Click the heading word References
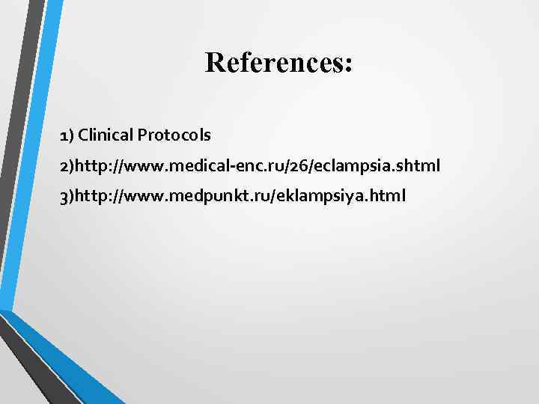point(274,63)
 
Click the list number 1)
point(67,135)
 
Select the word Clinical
point(105,135)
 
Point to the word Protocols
point(174,135)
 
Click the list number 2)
point(69,165)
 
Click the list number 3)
point(69,196)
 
